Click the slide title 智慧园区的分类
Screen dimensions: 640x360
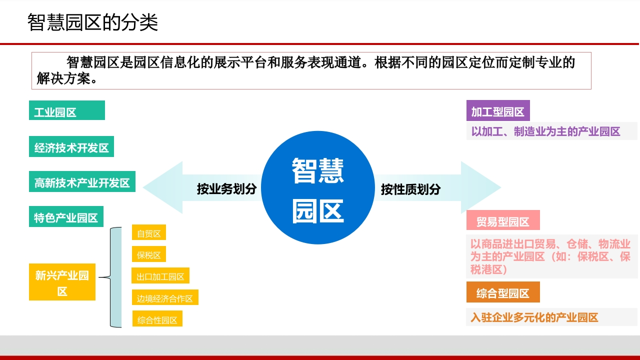[92, 22]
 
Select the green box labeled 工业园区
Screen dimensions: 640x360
[67, 110]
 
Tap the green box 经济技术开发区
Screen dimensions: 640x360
[71, 146]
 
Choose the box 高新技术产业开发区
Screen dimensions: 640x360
[82, 181]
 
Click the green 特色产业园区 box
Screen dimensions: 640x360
[66, 216]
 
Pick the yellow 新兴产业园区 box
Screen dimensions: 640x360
[62, 282]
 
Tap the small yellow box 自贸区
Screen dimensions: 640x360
[149, 232]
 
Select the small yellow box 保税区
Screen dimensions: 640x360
[149, 254]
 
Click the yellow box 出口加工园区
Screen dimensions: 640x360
[160, 275]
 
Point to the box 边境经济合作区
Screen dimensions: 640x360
[165, 297]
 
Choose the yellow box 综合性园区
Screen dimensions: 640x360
[157, 318]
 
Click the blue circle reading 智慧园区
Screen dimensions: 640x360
[317, 187]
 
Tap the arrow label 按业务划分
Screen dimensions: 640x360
[226, 189]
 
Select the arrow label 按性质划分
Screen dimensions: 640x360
[410, 189]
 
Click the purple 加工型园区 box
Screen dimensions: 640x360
[498, 110]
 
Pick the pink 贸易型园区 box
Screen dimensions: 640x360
[503, 220]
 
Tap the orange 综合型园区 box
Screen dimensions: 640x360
[503, 292]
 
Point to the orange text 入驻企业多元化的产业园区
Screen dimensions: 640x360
[534, 317]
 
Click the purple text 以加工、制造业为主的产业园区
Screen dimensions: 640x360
[545, 131]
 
